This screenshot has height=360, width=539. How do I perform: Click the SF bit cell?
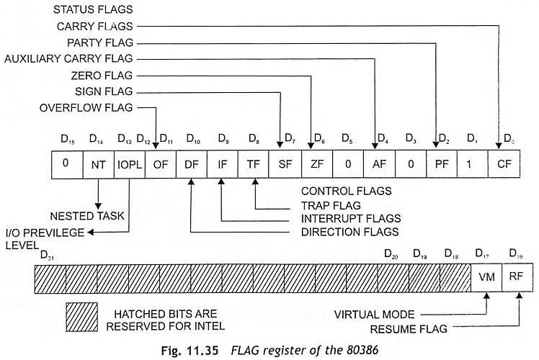(x=284, y=163)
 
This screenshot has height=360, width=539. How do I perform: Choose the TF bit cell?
(x=253, y=163)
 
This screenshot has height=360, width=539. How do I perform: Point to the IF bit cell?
(x=222, y=163)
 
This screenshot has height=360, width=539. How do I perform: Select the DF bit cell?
(x=191, y=163)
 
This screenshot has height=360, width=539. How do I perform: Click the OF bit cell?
(x=160, y=163)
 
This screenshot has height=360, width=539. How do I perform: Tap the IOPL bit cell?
(x=129, y=163)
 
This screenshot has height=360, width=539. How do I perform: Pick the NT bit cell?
(x=98, y=163)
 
